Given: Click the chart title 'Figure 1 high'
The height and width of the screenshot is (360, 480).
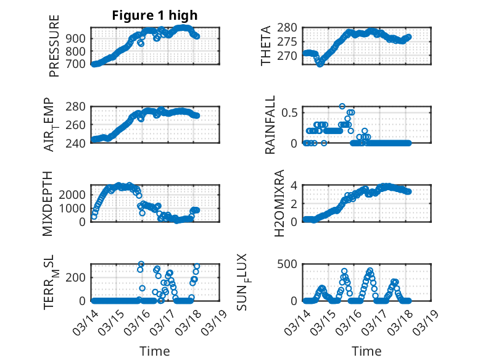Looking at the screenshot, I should coord(155,16).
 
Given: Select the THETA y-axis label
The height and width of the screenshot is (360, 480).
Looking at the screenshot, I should coord(266,46).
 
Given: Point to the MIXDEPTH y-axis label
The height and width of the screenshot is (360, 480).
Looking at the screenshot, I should coord(48,203).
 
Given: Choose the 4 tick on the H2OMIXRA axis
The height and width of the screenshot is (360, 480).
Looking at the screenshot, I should coord(296,185).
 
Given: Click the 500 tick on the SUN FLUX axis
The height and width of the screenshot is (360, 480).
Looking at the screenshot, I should coord(291,264).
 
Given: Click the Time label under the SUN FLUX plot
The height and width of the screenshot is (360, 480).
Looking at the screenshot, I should coord(366,351).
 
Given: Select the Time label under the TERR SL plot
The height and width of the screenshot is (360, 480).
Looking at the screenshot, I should coord(155,351).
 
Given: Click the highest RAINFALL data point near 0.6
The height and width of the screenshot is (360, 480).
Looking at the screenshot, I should coord(342,106).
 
